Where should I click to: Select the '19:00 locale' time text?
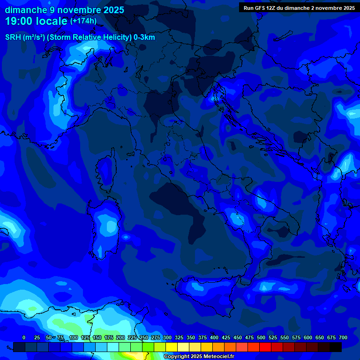pos(37,21)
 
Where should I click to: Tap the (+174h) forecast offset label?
pos(83,21)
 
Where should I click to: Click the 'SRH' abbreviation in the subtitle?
pos(13,37)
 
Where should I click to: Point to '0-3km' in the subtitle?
pos(144,37)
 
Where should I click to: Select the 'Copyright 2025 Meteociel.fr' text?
pos(198,357)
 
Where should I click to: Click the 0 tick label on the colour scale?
pos(24,337)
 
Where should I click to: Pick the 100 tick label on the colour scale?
pos(74,337)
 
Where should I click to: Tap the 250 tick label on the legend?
pos(144,337)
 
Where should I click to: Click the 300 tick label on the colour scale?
pos(167,337)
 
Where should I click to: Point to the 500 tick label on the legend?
pos(261,337)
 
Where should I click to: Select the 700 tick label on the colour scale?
pos(343,337)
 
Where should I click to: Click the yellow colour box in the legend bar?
pos(172,347)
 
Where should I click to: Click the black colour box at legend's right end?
pos(336,347)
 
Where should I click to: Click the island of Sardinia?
pos(105,230)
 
